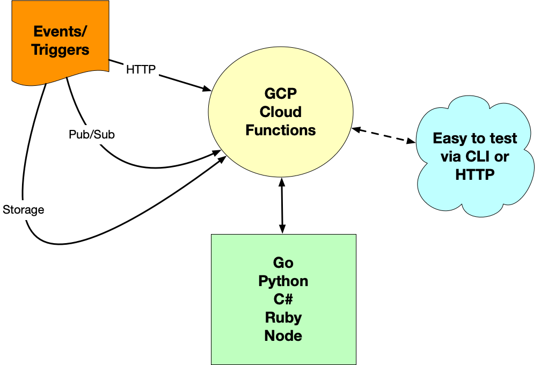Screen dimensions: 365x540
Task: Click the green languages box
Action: pos(283,300)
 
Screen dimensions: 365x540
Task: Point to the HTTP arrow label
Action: pos(141,69)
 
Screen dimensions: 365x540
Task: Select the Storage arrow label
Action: pos(23,209)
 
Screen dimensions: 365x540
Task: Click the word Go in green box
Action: pos(283,263)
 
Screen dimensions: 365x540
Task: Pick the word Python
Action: pos(283,281)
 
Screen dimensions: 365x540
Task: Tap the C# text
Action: pos(283,300)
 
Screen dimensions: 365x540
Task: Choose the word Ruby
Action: pos(283,318)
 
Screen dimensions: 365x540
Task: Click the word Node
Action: pos(283,336)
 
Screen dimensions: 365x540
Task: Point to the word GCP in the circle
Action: pos(280,94)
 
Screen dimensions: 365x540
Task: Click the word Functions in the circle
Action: pos(280,130)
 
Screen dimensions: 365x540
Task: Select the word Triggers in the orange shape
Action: pos(60,50)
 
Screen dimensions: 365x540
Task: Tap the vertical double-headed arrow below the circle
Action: pos(281,207)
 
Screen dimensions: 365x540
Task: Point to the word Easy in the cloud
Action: pos(450,138)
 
